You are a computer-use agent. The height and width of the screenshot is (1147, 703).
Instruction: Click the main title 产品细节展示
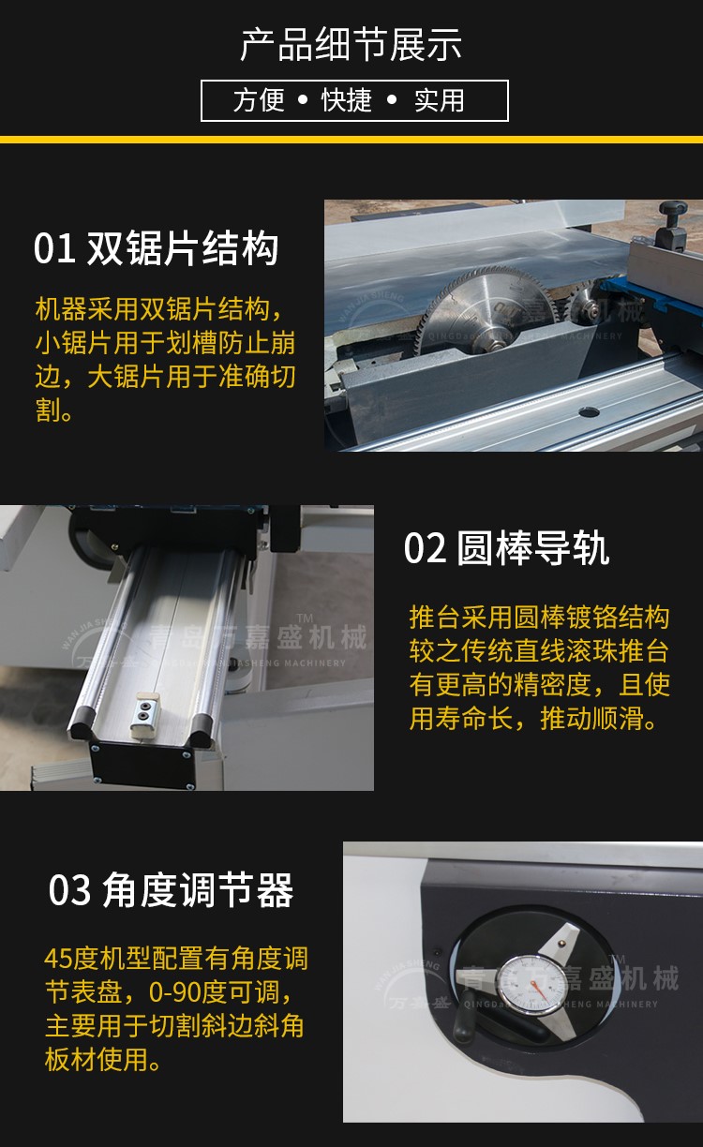pyautogui.click(x=351, y=45)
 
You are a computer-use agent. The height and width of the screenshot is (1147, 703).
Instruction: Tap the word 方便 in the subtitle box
pyautogui.click(x=259, y=100)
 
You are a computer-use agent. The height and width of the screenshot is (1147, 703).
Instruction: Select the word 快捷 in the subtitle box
pyautogui.click(x=347, y=100)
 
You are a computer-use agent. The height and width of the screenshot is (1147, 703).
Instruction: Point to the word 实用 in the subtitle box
pyautogui.click(x=440, y=100)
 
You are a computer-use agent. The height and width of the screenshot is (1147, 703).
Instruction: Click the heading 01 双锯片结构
pyautogui.click(x=157, y=247)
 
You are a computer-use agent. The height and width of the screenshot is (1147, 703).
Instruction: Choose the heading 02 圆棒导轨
pyautogui.click(x=506, y=548)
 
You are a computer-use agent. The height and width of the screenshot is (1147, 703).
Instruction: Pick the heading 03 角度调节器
pyautogui.click(x=171, y=890)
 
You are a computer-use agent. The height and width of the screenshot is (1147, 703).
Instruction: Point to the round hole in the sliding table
pyautogui.click(x=589, y=411)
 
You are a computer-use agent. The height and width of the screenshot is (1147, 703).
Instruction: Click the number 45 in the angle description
pyautogui.click(x=58, y=959)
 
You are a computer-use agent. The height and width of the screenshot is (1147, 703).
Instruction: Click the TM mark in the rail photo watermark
pyautogui.click(x=306, y=618)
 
